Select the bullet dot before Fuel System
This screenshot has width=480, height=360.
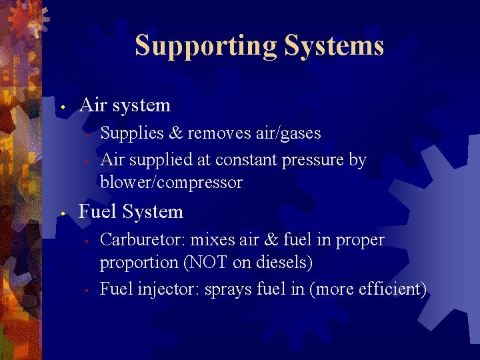pyautogui.click(x=61, y=213)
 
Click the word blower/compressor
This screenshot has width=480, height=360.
pyautogui.click(x=171, y=182)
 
